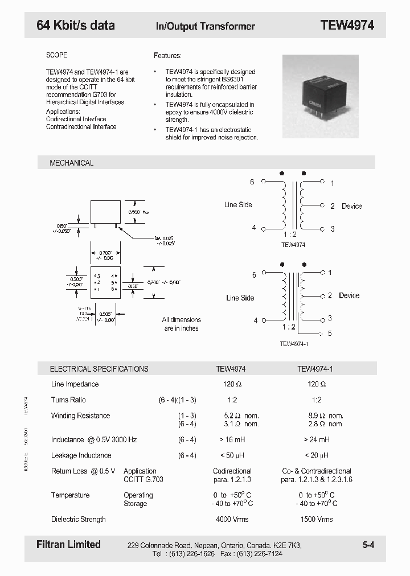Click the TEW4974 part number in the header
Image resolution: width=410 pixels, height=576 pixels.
[347, 25]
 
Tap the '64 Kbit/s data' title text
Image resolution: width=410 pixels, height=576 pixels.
[76, 25]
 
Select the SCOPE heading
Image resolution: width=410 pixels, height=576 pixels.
[57, 55]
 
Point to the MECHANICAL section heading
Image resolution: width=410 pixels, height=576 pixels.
[72, 163]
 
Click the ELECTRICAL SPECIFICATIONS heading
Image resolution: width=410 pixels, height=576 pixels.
[99, 369]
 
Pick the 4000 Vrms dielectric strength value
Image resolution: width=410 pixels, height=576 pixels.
[232, 519]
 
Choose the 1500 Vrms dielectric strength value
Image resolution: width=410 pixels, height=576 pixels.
[315, 519]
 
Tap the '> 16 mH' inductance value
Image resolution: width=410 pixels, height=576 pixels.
[232, 439]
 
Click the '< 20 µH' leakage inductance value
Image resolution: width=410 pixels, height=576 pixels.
[315, 455]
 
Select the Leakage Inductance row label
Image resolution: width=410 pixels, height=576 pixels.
[81, 455]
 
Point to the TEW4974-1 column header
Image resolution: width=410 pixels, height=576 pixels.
[315, 369]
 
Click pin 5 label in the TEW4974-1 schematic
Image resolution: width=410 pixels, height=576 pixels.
[330, 334]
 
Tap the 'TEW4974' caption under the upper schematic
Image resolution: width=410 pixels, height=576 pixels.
[293, 245]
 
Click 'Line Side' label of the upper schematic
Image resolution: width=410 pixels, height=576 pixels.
[238, 205]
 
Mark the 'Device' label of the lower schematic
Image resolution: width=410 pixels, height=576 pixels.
[349, 295]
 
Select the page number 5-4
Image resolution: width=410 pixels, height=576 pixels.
[368, 545]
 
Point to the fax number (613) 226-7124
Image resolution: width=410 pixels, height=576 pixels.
[260, 553]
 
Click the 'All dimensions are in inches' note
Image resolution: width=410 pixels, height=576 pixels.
[181, 324]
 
